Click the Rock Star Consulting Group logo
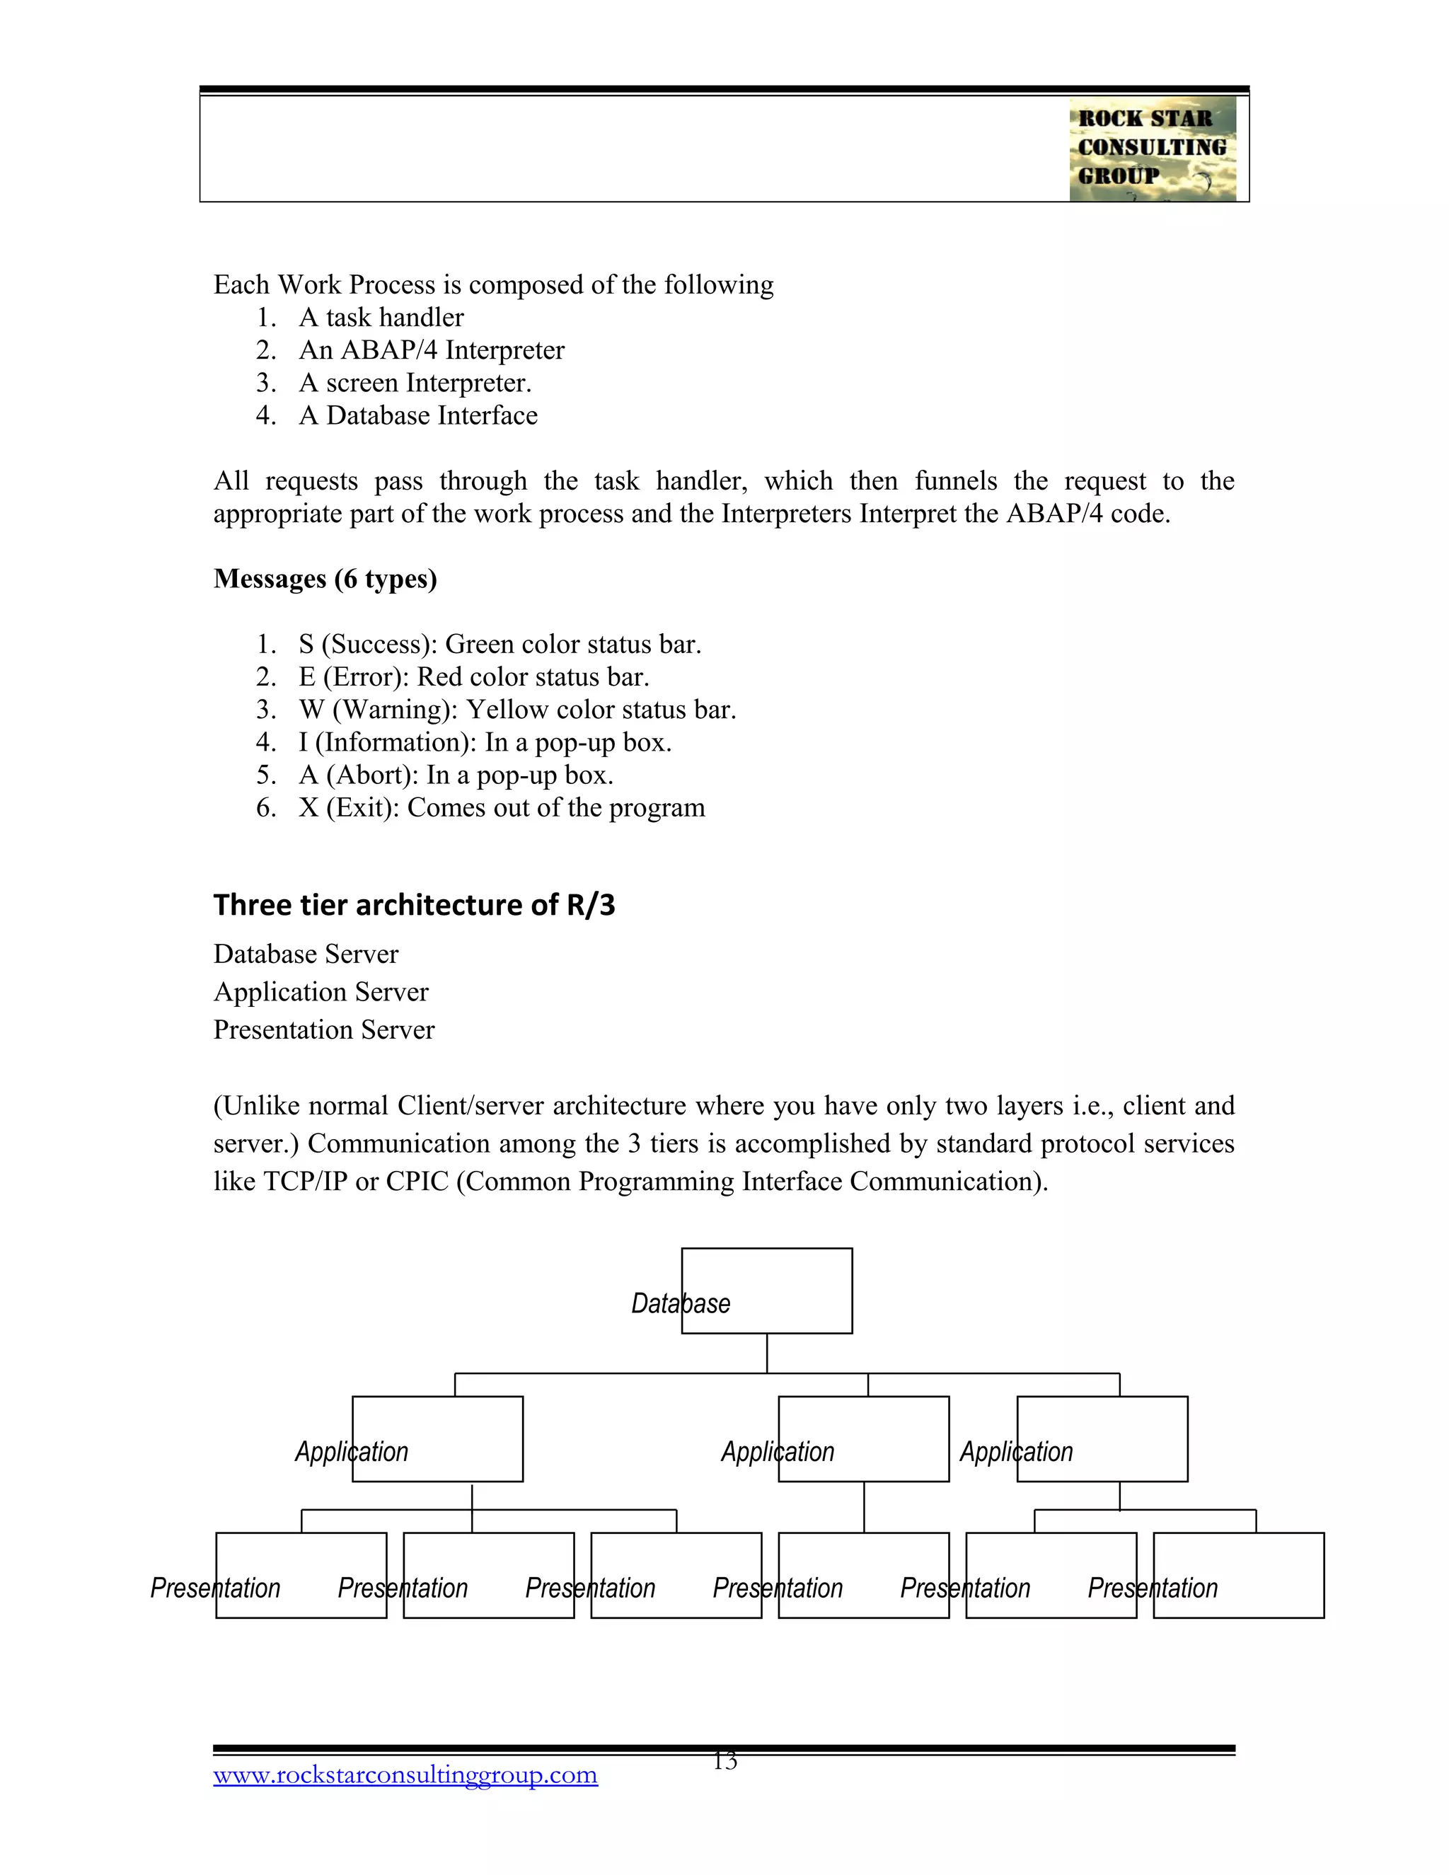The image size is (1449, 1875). [1152, 149]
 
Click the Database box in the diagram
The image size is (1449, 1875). [766, 1291]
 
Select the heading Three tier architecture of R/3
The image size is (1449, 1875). [414, 905]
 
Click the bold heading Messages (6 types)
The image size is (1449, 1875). [325, 579]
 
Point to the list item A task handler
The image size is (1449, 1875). [381, 318]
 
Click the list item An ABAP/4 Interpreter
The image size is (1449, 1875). [431, 350]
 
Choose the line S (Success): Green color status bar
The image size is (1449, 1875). [500, 644]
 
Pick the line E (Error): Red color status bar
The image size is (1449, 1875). [473, 676]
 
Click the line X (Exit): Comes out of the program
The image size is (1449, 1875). [502, 808]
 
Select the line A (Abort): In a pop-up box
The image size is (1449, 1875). [455, 775]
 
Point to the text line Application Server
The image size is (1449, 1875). [321, 993]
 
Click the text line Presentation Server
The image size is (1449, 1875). [323, 1030]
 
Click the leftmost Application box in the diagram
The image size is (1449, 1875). [437, 1439]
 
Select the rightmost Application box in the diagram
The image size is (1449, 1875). [1102, 1439]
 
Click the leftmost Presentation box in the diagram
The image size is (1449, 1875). [301, 1576]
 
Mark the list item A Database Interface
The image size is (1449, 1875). [418, 415]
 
